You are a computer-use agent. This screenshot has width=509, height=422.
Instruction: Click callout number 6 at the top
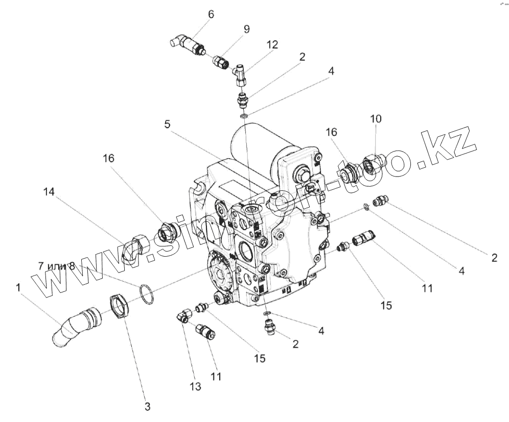[211, 14]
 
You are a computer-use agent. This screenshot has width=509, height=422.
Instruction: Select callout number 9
[247, 29]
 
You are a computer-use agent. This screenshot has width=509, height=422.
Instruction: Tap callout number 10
[376, 119]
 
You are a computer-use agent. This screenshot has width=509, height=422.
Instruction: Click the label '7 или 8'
[57, 266]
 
